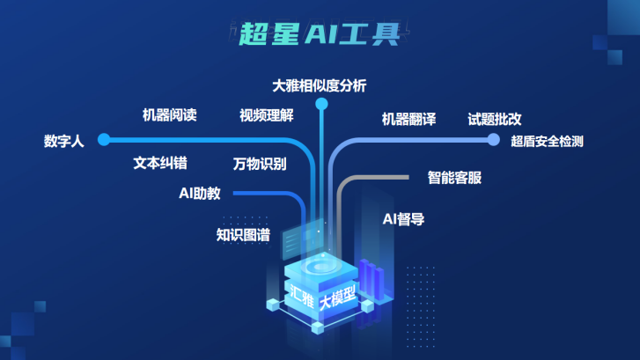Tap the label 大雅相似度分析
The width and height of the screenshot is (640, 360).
pos(319,86)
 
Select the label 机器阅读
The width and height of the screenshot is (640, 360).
pos(169,115)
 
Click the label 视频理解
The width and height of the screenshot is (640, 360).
pos(267,115)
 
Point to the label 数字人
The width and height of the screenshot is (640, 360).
pos(63,140)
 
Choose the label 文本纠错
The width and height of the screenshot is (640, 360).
pos(159,164)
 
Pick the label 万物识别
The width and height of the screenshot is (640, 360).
pos(260,165)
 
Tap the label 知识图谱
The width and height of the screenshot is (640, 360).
pos(243,235)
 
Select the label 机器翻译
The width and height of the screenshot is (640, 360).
pos(408,119)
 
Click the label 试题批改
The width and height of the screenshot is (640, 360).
pos(496,119)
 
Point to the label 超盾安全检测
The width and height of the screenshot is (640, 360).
pos(548,141)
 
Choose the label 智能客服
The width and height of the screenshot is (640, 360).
pos(454,177)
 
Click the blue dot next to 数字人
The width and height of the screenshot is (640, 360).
pos(104,139)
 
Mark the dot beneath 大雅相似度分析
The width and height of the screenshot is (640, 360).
pos(322,105)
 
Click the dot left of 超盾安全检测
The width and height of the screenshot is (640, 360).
pos(493,139)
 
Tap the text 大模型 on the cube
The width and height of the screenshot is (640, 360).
pos(338,297)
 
